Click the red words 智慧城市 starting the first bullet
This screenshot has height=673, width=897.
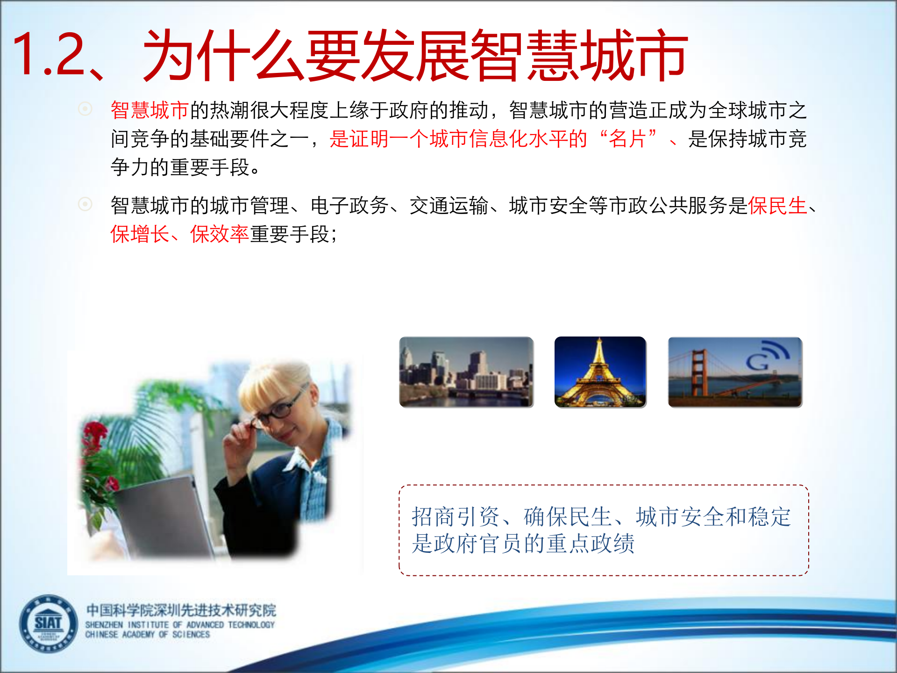click(149, 110)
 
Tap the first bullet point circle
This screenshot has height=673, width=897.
click(85, 109)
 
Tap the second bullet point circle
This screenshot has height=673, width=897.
click(85, 204)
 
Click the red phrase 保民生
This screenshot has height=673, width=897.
click(777, 206)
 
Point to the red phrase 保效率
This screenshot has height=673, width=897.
click(219, 234)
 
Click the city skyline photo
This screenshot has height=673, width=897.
click(466, 372)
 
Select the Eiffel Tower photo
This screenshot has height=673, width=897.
click(600, 372)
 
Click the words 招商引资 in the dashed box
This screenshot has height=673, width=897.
click(456, 517)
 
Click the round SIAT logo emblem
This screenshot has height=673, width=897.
click(48, 623)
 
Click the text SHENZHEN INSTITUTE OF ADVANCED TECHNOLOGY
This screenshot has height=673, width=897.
click(180, 625)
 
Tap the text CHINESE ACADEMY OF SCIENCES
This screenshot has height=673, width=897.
click(147, 635)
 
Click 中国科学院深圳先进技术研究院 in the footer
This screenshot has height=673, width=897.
click(181, 610)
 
